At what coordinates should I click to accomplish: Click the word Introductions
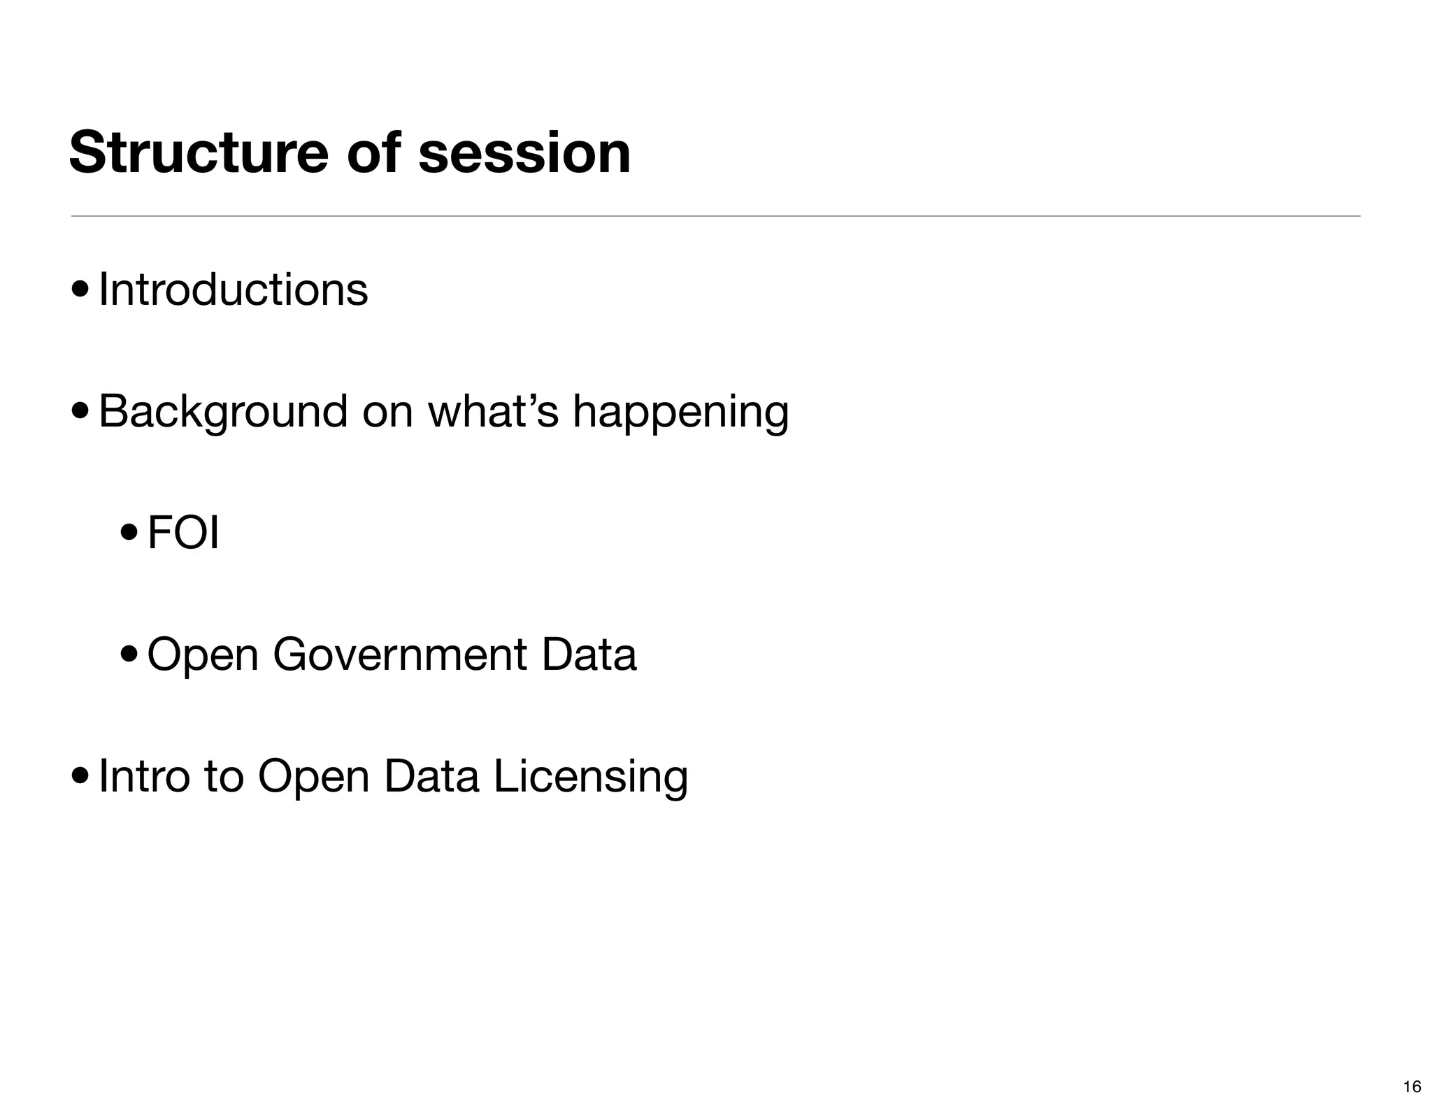click(233, 289)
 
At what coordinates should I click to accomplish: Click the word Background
click(223, 411)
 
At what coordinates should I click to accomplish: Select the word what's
click(493, 411)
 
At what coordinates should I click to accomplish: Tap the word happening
click(680, 413)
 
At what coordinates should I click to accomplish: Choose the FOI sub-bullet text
click(183, 533)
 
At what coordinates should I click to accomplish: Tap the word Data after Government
click(588, 654)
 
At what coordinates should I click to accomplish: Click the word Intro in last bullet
click(144, 775)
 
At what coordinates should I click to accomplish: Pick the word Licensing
click(591, 777)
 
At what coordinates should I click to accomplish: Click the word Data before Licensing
click(431, 775)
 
